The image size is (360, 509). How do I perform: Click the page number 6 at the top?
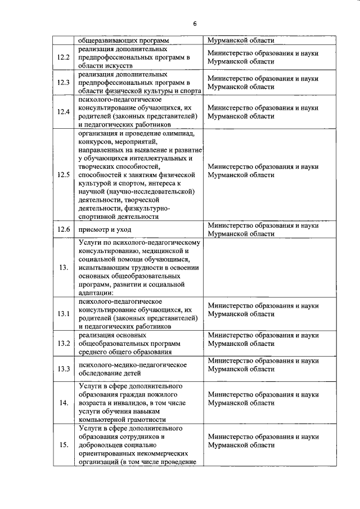(x=195, y=24)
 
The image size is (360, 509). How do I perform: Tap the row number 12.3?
(x=64, y=83)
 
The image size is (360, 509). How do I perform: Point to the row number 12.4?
(x=64, y=112)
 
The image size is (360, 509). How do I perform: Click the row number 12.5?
(x=64, y=174)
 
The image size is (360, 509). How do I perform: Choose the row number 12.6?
(x=64, y=229)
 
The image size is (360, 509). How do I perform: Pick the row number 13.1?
(x=64, y=313)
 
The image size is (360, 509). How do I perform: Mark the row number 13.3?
(x=64, y=369)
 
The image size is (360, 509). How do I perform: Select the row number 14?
(x=64, y=403)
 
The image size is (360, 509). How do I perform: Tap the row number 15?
(x=64, y=445)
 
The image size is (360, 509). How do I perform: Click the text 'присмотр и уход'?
(x=105, y=229)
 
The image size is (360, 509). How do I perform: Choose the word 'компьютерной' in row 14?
(x=101, y=420)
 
